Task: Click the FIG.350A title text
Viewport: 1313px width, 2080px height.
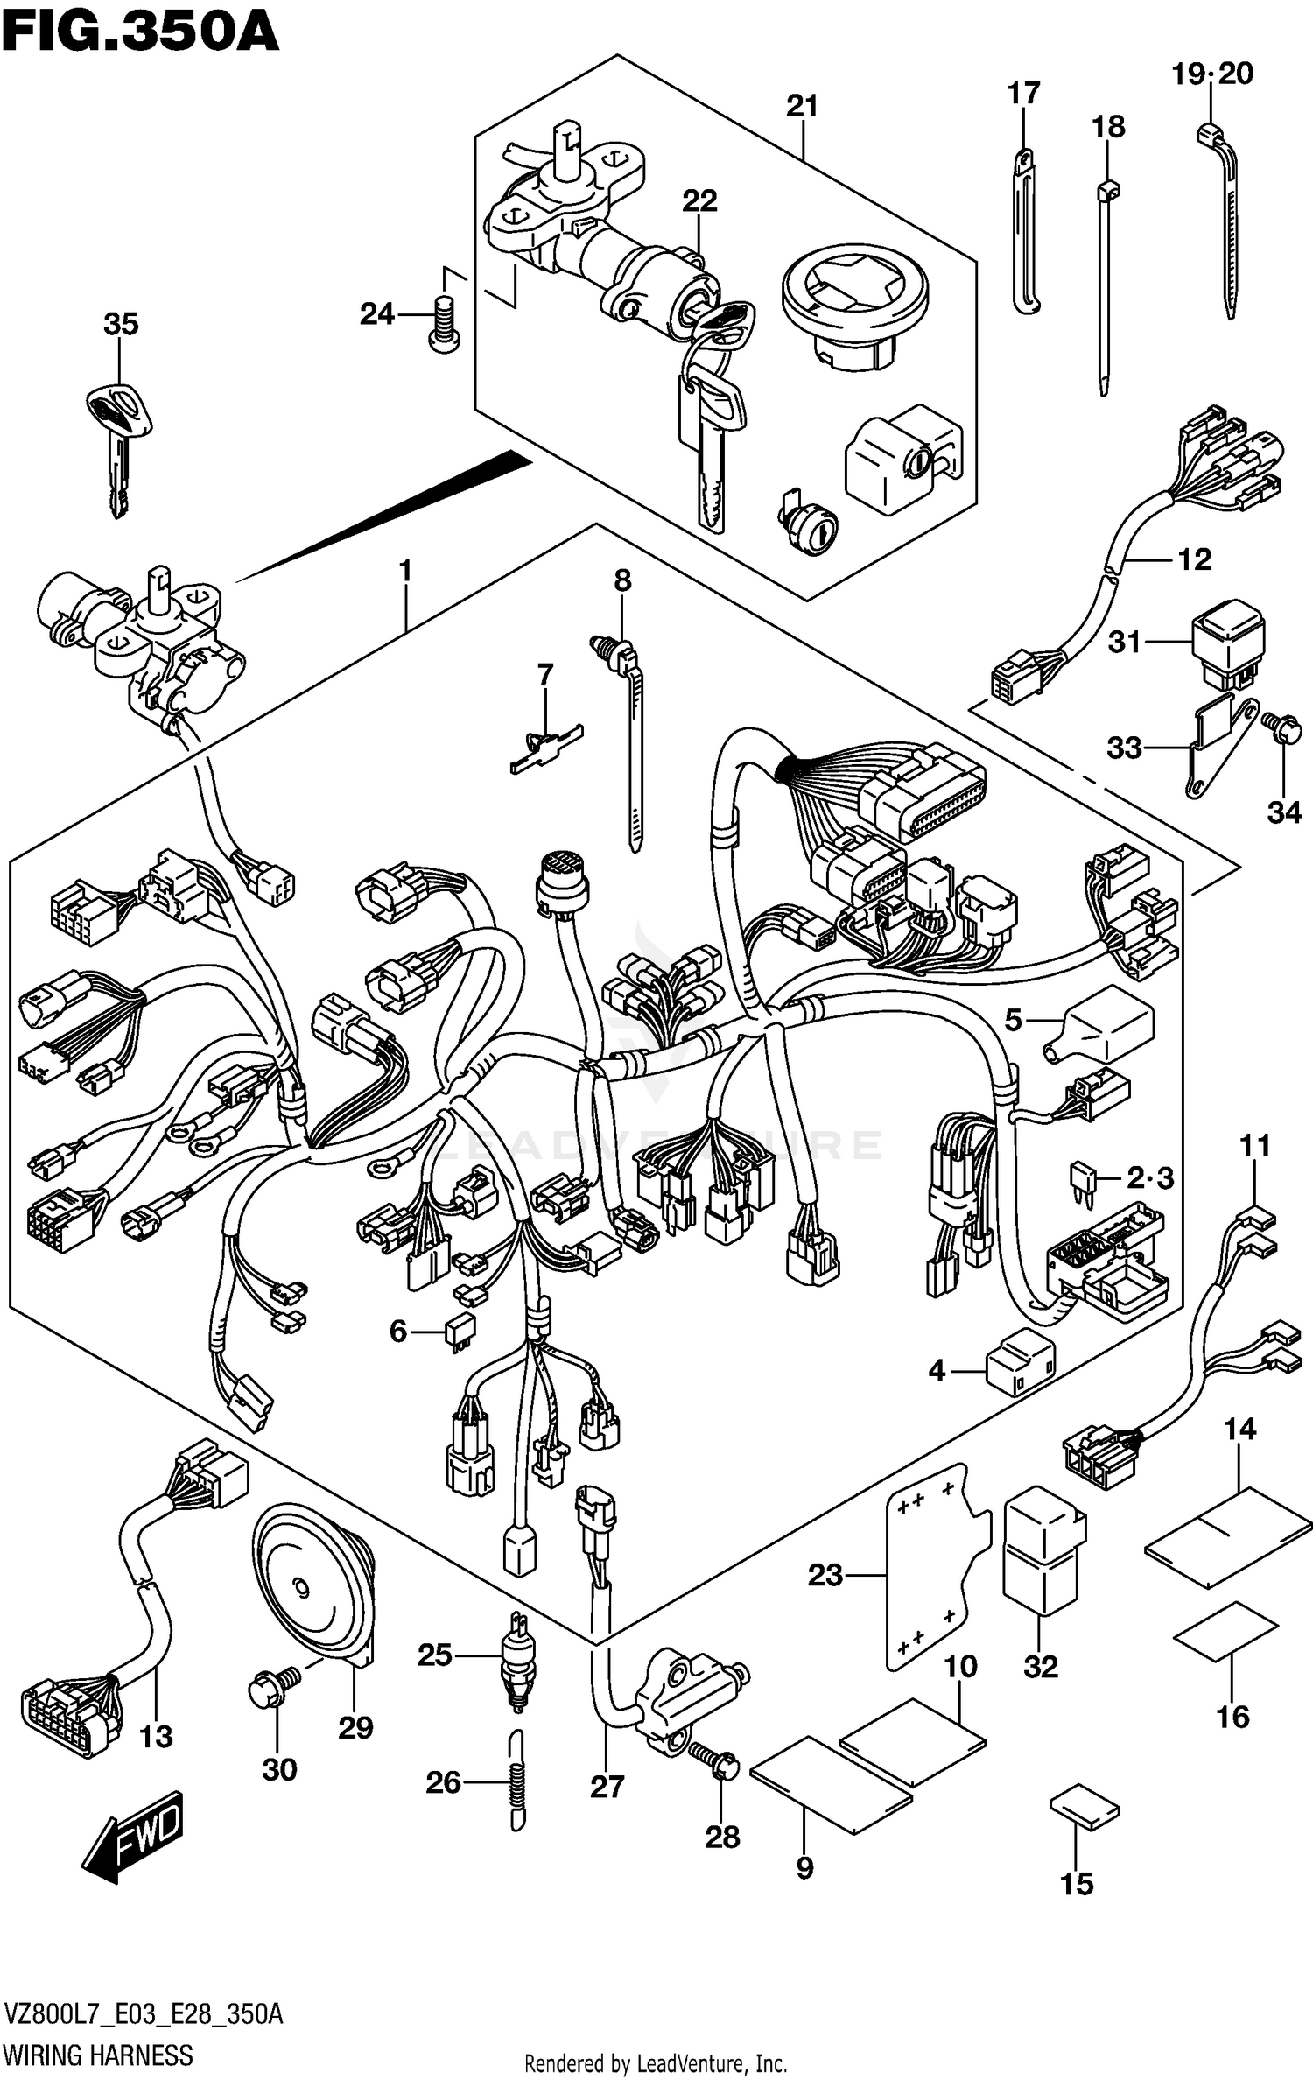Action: click(140, 32)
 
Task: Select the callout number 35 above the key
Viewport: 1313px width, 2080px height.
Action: click(121, 324)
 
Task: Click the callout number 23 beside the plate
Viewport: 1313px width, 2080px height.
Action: click(825, 1575)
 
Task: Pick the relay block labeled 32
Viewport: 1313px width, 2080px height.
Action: click(1043, 1550)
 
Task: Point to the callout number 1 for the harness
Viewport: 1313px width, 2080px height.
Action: click(404, 571)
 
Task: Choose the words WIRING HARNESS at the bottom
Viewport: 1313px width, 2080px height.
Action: click(98, 2055)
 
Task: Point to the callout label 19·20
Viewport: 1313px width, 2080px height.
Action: click(1212, 74)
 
